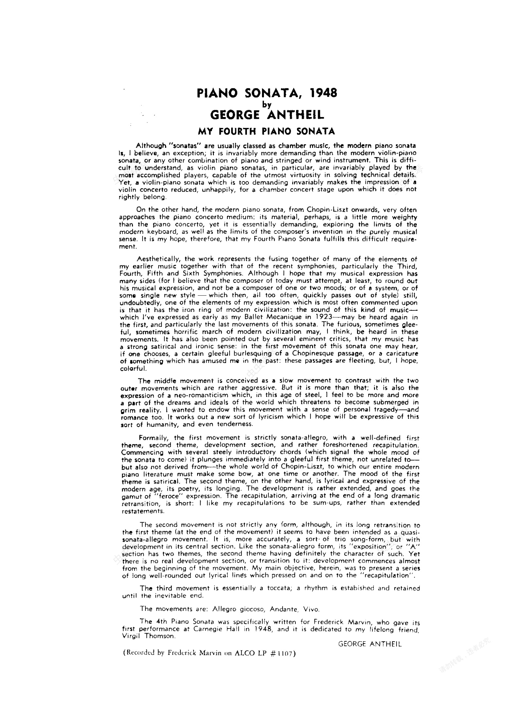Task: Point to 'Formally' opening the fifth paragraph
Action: pos(154,438)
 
